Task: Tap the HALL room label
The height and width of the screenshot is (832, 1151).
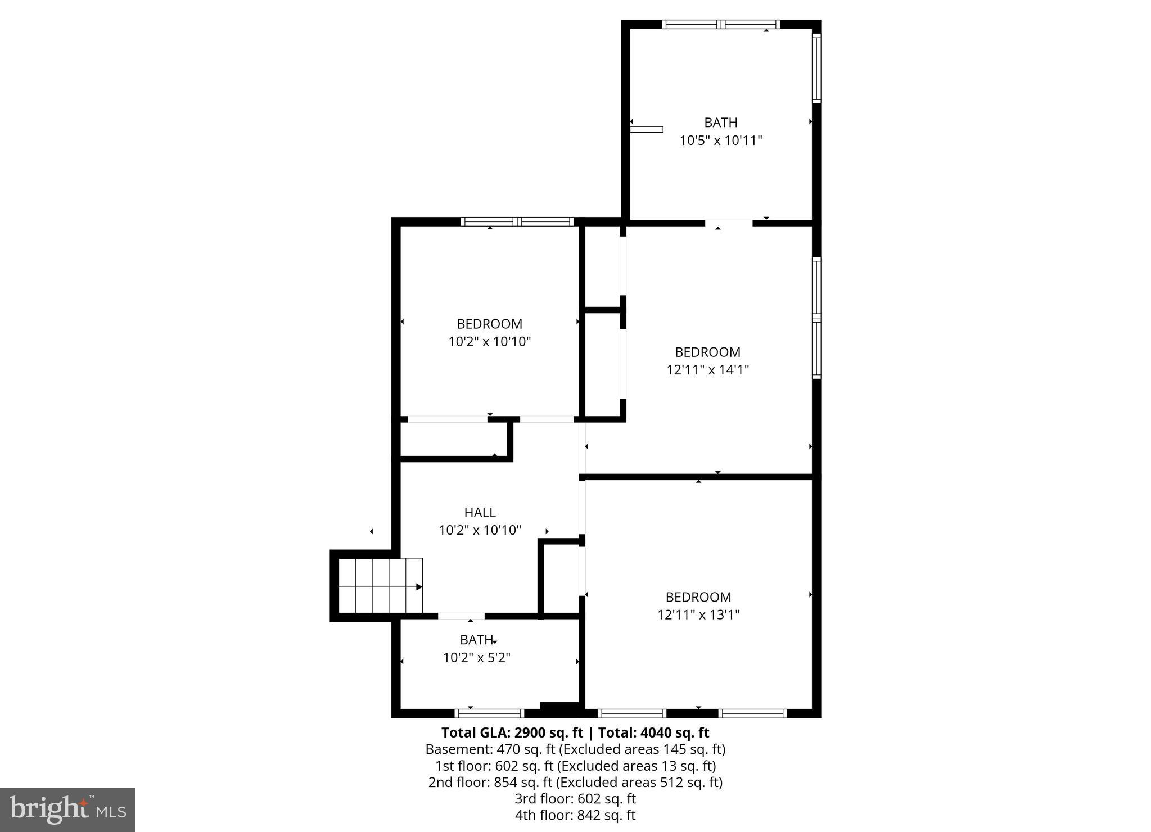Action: coord(480,512)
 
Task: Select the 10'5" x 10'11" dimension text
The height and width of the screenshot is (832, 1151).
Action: coord(721,141)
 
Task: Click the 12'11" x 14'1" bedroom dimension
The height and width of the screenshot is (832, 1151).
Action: coord(707,370)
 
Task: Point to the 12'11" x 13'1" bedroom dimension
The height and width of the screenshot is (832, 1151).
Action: coord(698,614)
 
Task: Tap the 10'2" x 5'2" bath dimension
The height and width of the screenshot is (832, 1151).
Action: coord(477,658)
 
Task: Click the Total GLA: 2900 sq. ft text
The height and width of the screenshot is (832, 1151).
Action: coord(511,732)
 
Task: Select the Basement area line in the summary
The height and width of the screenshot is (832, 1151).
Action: coord(575,749)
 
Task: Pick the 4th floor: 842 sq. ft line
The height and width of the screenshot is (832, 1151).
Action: coord(575,815)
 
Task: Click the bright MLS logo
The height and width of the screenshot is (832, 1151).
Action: coord(67,810)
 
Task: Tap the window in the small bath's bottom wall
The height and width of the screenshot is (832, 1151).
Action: coord(489,713)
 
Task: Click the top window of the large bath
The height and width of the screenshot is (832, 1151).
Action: coord(721,24)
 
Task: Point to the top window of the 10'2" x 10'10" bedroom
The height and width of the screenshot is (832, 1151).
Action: coord(517,221)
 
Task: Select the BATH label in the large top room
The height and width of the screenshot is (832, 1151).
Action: coord(721,123)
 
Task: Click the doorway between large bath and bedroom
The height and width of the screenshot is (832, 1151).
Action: coord(729,223)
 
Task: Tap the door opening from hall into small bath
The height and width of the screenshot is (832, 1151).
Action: coord(461,616)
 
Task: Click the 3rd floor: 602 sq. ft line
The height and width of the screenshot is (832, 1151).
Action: coord(575,799)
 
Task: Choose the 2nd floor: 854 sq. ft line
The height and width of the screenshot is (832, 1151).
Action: coord(575,782)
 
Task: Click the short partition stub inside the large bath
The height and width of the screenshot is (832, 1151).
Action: coord(647,129)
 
